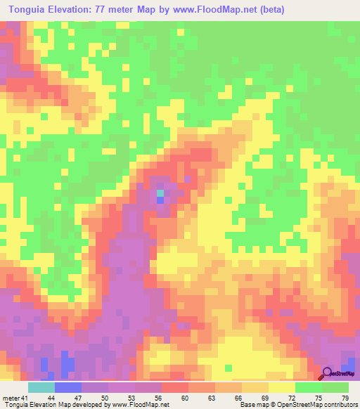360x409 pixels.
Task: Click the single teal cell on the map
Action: pyautogui.click(x=160, y=193)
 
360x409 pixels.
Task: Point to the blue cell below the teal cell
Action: pyautogui.click(x=160, y=200)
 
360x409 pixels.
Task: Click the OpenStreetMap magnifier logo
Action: pyautogui.click(x=328, y=373)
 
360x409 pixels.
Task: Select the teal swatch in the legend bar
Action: pyautogui.click(x=41, y=387)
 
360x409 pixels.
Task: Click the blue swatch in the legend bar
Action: pyautogui.click(x=68, y=387)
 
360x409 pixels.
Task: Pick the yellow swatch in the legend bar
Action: pyautogui.click(x=282, y=387)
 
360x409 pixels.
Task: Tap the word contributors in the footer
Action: pyautogui.click(x=340, y=405)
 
